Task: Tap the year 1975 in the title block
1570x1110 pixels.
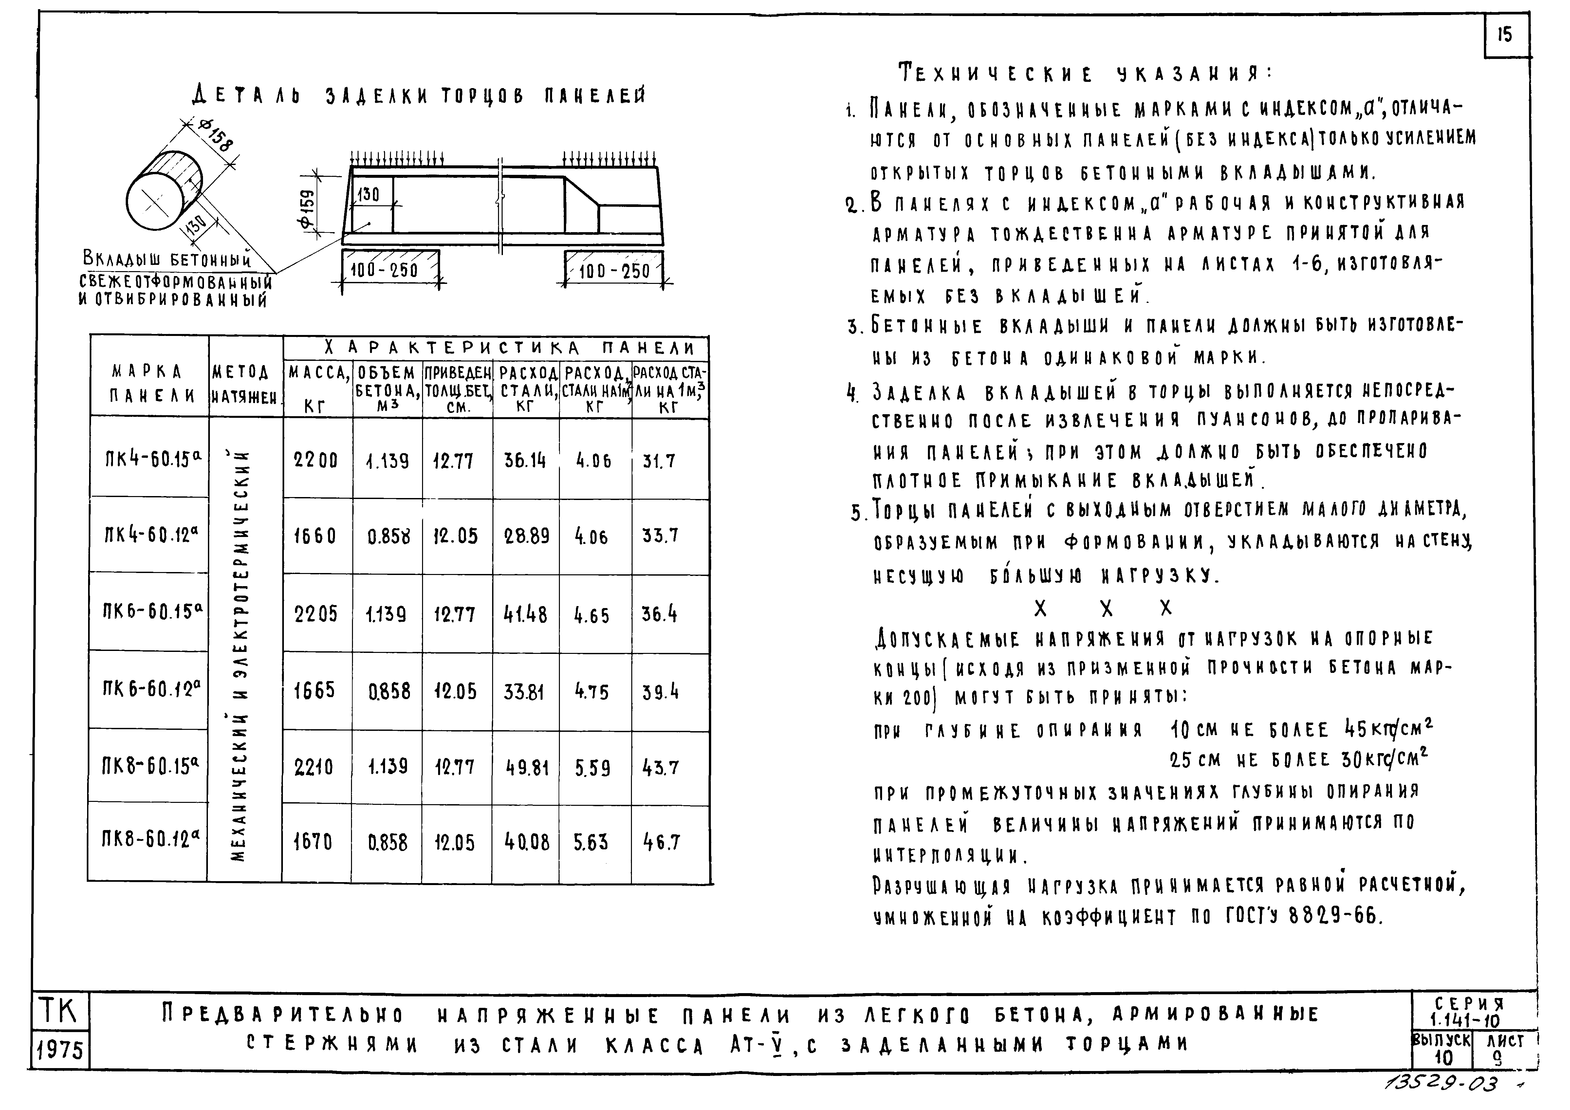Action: (60, 1049)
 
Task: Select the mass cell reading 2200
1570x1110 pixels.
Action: (316, 460)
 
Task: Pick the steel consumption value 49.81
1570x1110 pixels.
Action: (526, 768)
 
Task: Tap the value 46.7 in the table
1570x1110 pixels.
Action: (660, 842)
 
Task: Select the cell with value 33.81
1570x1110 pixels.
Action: (525, 692)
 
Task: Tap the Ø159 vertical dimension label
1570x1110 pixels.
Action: (309, 209)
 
